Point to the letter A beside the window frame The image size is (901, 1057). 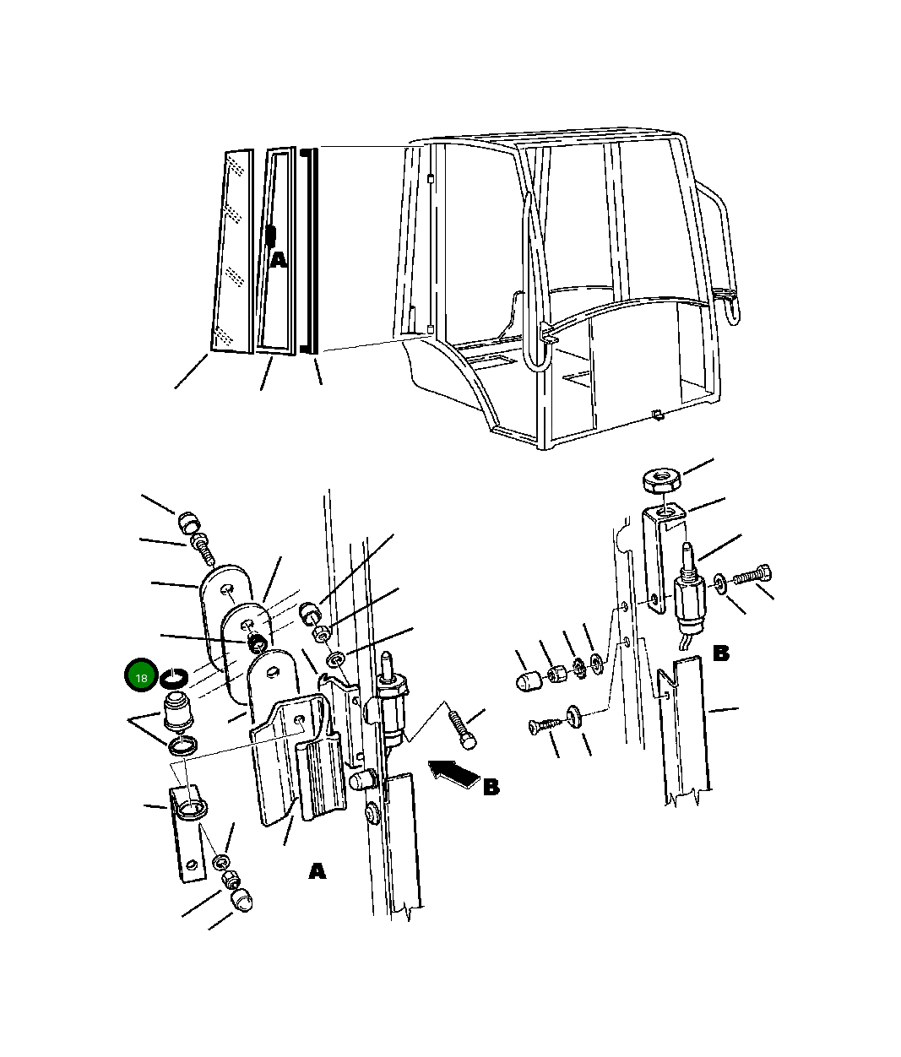(278, 260)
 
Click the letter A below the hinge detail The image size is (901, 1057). (317, 871)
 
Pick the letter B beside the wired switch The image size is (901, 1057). (721, 653)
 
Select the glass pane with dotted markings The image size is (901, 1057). (233, 252)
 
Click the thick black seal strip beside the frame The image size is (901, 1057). (309, 251)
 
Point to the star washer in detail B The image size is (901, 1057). (578, 667)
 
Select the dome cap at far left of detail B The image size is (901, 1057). (529, 681)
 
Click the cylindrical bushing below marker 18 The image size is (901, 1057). (177, 710)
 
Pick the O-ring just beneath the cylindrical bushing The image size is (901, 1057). (182, 746)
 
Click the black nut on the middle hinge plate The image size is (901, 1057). (257, 643)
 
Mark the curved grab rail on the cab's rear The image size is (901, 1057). (721, 251)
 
